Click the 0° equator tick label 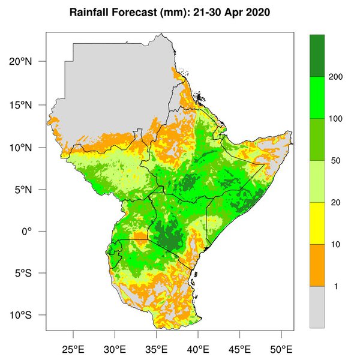[x=34, y=232]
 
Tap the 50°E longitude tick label [x=281, y=349]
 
